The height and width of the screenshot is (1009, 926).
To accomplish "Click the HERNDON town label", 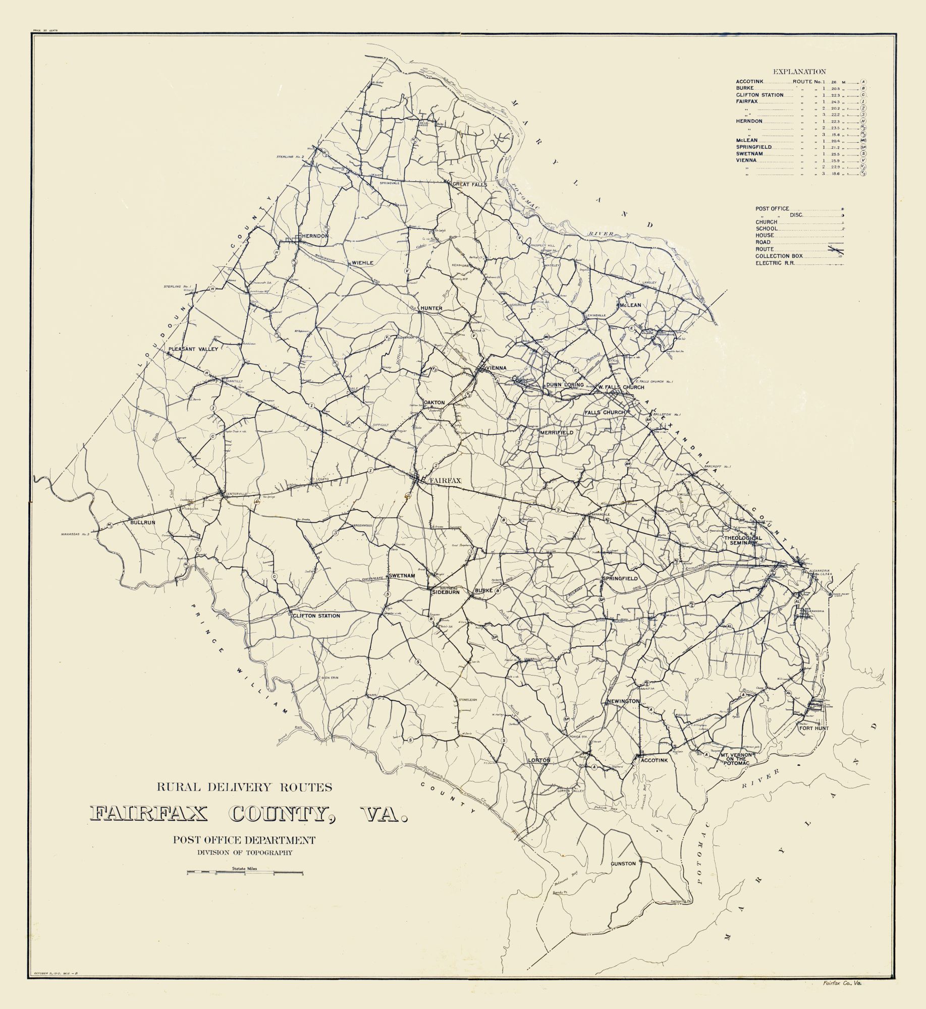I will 315,236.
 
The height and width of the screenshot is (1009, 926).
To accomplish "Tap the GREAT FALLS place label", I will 470,185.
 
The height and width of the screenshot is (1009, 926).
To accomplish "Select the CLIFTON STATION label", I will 317,616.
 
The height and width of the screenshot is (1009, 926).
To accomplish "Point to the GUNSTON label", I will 623,864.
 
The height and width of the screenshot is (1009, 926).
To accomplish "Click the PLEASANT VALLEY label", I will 193,349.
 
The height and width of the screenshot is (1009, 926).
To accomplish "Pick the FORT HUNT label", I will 813,728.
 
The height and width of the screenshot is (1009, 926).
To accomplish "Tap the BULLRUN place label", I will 142,523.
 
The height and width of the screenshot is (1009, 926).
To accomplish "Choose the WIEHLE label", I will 362,263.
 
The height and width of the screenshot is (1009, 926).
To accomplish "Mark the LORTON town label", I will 538,774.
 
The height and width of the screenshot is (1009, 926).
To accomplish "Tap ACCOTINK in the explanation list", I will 750,81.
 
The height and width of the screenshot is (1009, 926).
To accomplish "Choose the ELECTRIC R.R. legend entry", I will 775,263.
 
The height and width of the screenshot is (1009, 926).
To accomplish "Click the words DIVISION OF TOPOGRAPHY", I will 245,853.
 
